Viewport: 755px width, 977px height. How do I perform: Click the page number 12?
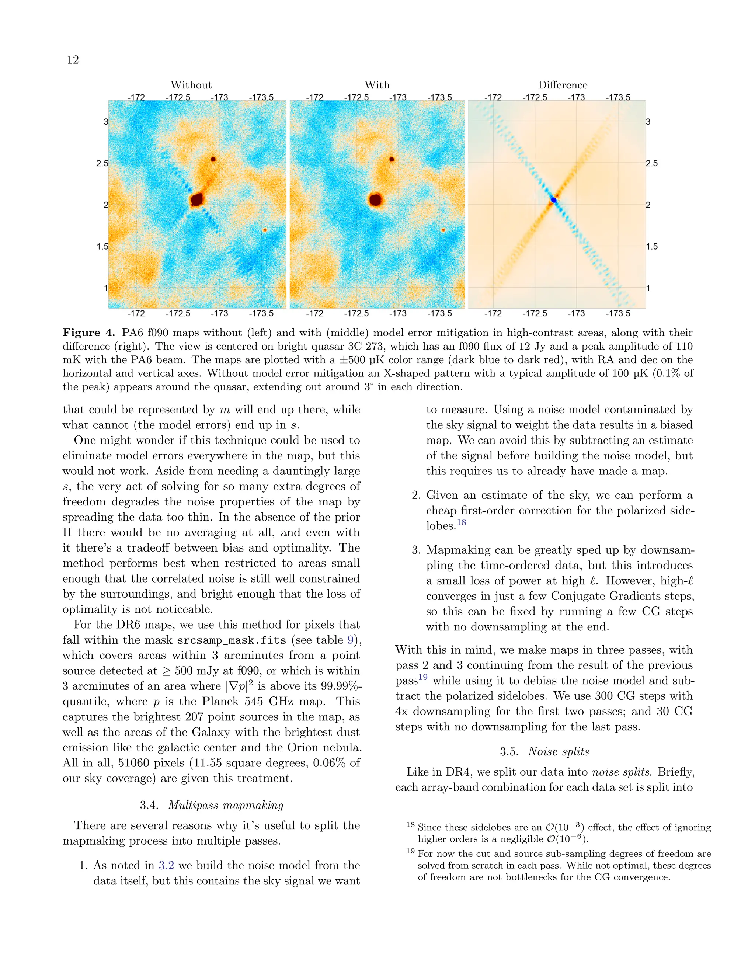(x=73, y=60)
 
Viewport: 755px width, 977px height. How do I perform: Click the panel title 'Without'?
(x=191, y=85)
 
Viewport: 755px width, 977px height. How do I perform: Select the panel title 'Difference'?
(x=562, y=85)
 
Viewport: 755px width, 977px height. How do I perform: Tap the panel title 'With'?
(x=377, y=85)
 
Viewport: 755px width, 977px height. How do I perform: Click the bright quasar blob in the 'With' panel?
(x=375, y=199)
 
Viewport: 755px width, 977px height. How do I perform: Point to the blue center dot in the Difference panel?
(x=553, y=200)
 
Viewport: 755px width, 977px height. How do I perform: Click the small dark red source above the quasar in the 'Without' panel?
(x=213, y=159)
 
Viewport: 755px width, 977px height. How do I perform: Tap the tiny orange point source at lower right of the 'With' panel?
(x=443, y=230)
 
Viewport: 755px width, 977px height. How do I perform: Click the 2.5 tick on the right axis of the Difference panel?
(x=651, y=163)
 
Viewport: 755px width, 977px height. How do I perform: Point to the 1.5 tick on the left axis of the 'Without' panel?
(x=102, y=247)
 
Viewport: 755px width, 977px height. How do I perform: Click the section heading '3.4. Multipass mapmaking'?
(x=212, y=805)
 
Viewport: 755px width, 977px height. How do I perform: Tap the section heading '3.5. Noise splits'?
(x=544, y=751)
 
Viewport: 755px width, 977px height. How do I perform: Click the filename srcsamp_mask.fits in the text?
(x=231, y=641)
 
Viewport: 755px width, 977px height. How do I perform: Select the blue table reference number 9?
(x=351, y=640)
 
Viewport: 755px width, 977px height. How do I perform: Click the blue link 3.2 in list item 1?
(x=166, y=865)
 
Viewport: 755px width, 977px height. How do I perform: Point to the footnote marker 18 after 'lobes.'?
(x=461, y=522)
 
